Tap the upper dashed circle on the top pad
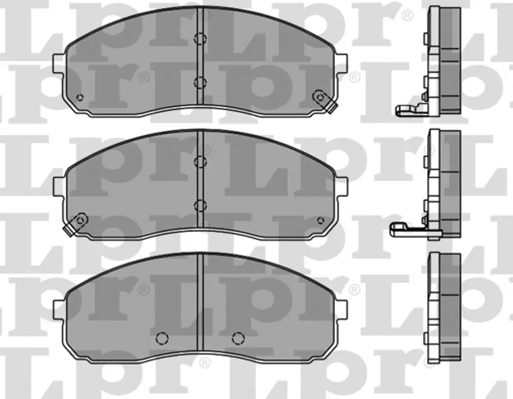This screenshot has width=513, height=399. [200, 38]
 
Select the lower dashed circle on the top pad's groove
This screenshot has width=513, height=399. [200, 82]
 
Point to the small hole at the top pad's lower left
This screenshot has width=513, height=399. [80, 97]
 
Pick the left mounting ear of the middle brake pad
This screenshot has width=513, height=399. [60, 187]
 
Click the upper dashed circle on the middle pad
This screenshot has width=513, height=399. [200, 162]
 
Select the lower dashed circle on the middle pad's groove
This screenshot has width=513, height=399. [200, 205]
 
